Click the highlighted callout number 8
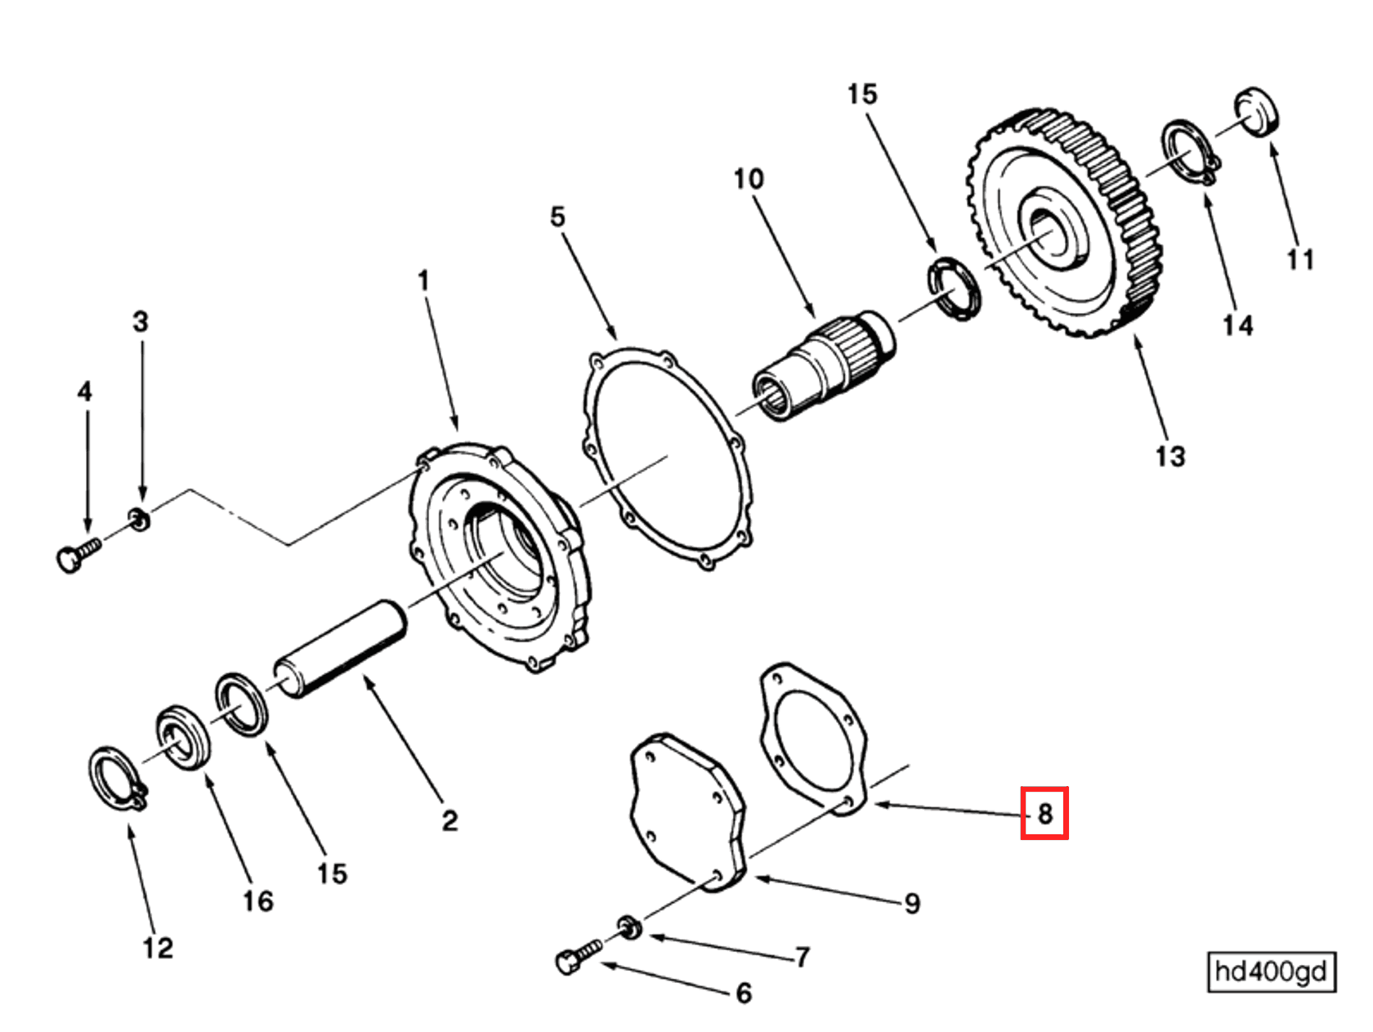[x=1044, y=813]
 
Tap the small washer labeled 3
[x=139, y=519]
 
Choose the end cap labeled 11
[x=1257, y=110]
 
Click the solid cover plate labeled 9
[x=686, y=809]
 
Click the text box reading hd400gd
[x=1270, y=972]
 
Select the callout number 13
[x=1170, y=456]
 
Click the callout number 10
[x=748, y=179]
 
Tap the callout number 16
[x=257, y=901]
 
